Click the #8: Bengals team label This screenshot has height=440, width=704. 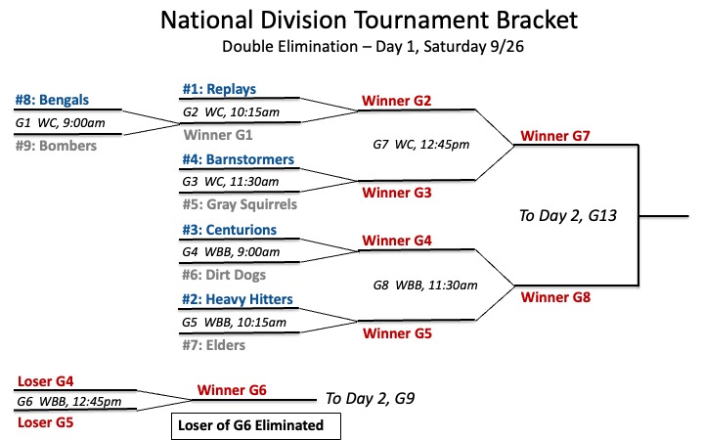pyautogui.click(x=52, y=100)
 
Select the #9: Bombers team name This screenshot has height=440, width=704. pyautogui.click(x=56, y=146)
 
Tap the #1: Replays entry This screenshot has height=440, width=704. pyautogui.click(x=219, y=89)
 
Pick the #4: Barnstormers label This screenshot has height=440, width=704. pyautogui.click(x=238, y=159)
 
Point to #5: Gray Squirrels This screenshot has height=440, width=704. pyautogui.click(x=240, y=204)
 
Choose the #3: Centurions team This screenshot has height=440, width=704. pyautogui.click(x=230, y=230)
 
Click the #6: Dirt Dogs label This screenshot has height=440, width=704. pyautogui.click(x=224, y=275)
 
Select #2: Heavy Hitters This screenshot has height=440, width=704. pyautogui.click(x=238, y=299)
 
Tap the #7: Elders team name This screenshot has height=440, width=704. pyautogui.click(x=214, y=345)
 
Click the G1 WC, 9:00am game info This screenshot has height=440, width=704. pyautogui.click(x=61, y=123)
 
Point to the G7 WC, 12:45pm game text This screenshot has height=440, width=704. pyautogui.click(x=421, y=144)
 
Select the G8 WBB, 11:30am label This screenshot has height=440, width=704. pyautogui.click(x=425, y=286)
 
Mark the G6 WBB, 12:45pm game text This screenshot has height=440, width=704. pyautogui.click(x=69, y=402)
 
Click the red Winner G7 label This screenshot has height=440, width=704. pyautogui.click(x=555, y=136)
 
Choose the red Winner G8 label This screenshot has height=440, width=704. pyautogui.click(x=555, y=297)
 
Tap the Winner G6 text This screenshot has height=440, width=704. pyautogui.click(x=232, y=390)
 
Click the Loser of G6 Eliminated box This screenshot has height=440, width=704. pyautogui.click(x=256, y=425)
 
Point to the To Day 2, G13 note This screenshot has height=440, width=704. pyautogui.click(x=568, y=216)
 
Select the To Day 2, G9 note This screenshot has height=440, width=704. pyautogui.click(x=370, y=399)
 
